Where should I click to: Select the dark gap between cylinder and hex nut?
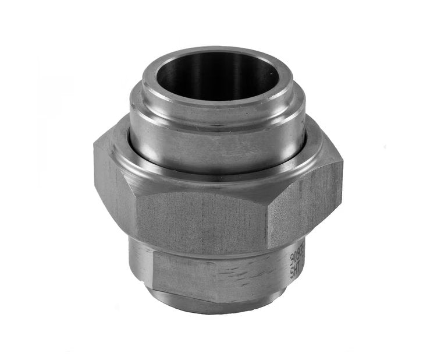(x=145, y=154)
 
